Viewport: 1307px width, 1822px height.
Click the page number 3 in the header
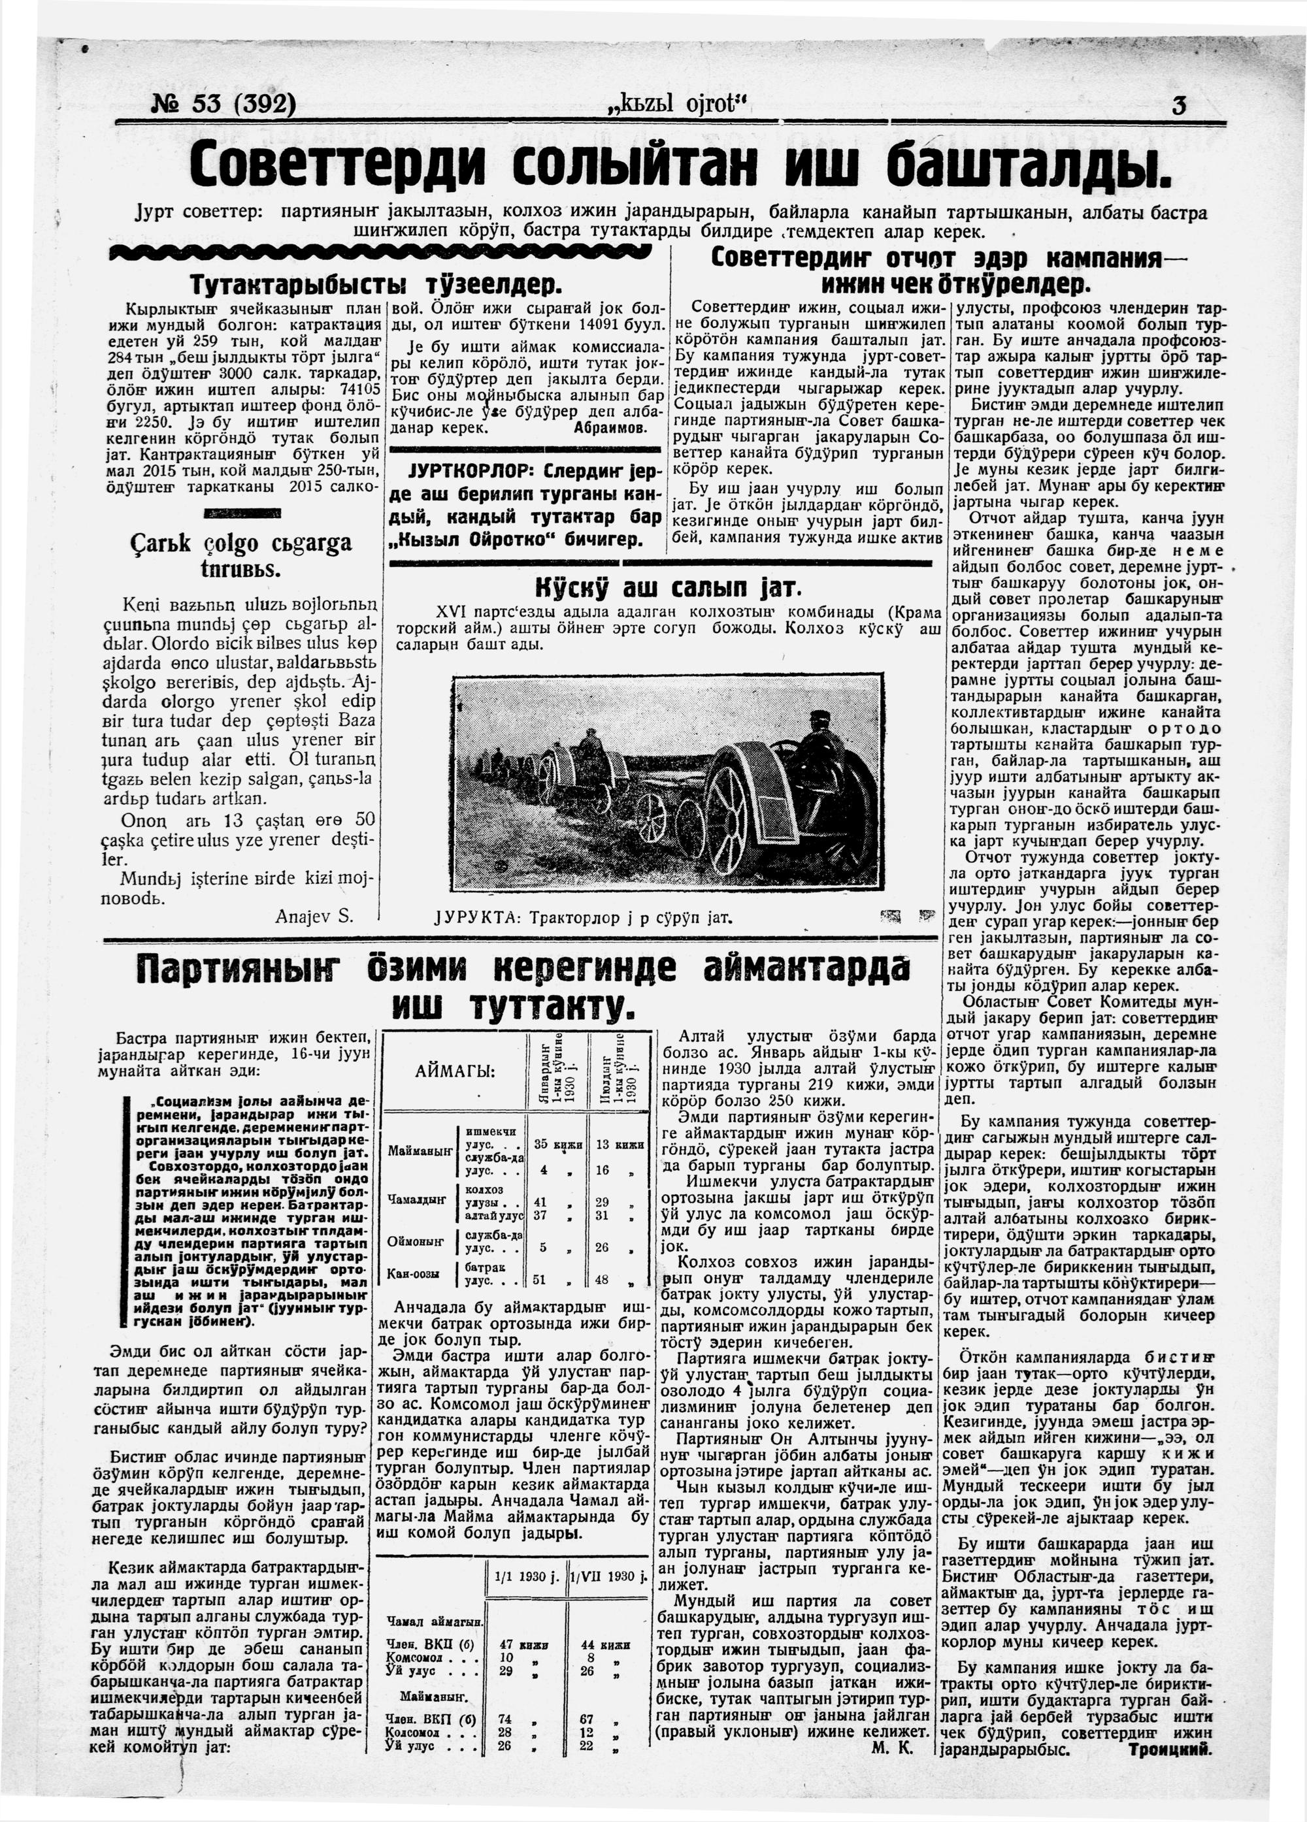1178,105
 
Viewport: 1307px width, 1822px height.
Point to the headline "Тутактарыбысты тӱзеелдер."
376,285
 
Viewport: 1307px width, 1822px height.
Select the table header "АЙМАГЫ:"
455,1071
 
